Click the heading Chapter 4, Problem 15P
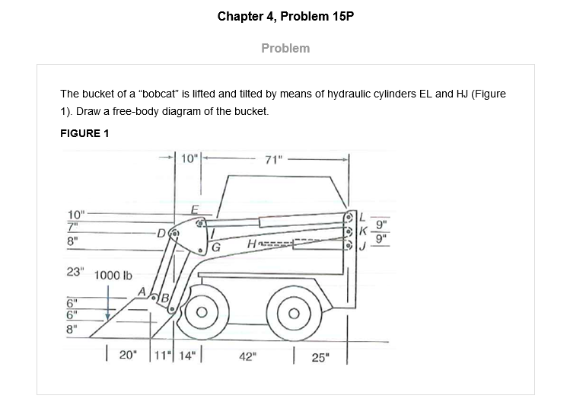click(285, 16)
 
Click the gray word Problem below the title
click(285, 48)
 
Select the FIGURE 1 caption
click(84, 133)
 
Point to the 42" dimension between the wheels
click(248, 355)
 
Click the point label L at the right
click(363, 216)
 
